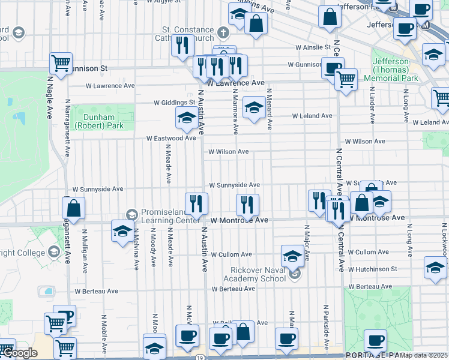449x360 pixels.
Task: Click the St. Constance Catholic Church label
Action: [x=187, y=34]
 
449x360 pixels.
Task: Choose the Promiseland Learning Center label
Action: [x=170, y=217]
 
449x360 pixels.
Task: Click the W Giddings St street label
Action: [x=175, y=103]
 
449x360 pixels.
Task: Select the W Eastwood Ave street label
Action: [x=172, y=138]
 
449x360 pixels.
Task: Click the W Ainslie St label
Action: [x=313, y=47]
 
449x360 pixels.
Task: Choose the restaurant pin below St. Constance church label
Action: [x=182, y=46]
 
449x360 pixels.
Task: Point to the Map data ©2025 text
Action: [x=424, y=355]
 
